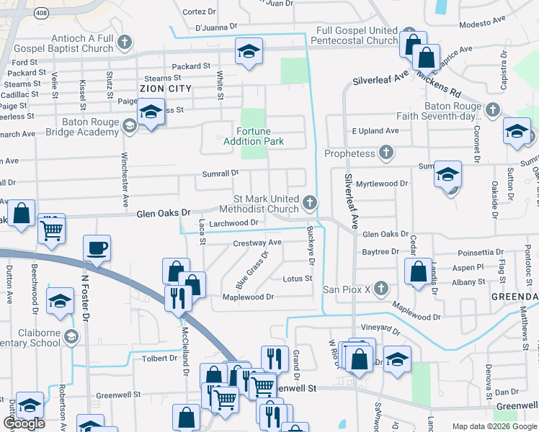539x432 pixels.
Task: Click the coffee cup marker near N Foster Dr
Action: [x=97, y=249]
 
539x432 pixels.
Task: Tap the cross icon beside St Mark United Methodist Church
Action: [x=310, y=203]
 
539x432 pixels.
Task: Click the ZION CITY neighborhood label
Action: [x=166, y=89]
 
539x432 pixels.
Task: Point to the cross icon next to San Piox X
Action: [x=381, y=289]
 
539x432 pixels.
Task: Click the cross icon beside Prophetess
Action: [x=386, y=153]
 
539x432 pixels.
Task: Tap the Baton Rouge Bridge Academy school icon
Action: [x=130, y=127]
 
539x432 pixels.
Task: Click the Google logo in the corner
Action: [x=24, y=423]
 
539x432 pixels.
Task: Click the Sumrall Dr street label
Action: [x=220, y=174]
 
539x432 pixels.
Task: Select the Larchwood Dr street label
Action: [x=233, y=223]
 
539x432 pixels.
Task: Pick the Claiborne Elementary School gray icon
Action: [x=71, y=336]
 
